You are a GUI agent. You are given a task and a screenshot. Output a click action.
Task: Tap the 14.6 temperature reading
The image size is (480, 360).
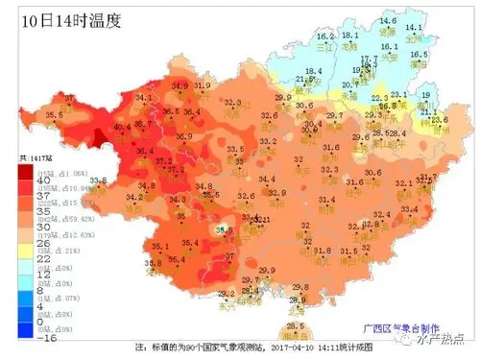click(387, 21)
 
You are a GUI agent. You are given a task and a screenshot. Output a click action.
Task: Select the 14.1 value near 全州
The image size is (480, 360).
click(414, 27)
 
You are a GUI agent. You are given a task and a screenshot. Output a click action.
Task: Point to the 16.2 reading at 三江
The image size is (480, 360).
click(325, 36)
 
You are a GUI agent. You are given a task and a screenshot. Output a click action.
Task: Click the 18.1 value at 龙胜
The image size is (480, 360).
click(350, 36)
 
